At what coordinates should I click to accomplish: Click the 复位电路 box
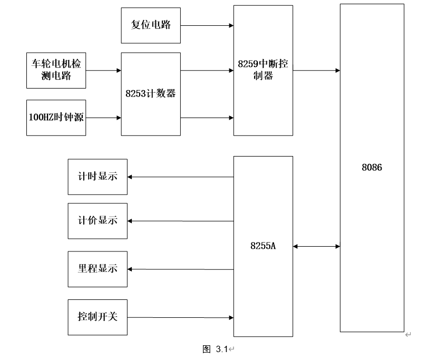151,25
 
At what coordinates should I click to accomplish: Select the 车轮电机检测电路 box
56,70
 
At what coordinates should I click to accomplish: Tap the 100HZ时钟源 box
56,117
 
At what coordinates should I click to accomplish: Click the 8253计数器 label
151,94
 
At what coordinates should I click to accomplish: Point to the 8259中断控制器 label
263,70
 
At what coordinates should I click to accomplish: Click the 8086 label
372,168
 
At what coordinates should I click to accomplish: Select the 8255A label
263,246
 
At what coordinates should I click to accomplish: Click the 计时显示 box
98,177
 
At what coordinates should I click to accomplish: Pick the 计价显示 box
98,221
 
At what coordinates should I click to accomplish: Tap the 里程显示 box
98,269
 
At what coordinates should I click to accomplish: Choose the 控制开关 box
98,317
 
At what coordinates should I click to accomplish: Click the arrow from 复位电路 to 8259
207,25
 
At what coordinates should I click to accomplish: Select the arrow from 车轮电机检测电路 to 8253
103,70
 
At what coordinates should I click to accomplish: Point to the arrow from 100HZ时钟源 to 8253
103,117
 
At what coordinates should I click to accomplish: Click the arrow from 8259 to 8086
316,70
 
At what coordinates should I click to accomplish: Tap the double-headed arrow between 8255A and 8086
316,246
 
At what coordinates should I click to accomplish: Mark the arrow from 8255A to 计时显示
181,177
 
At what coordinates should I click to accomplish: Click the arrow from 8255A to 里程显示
181,269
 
